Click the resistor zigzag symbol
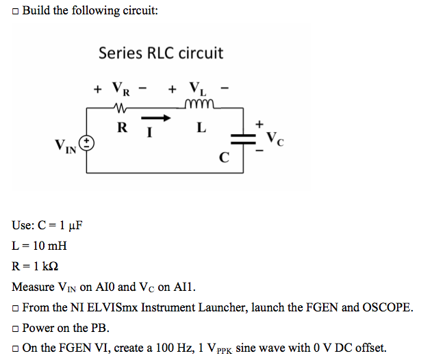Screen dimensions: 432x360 tap(120, 107)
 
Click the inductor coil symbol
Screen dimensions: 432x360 tap(199, 103)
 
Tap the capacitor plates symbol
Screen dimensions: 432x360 tap(243, 139)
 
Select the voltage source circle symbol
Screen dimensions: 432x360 tap(86, 144)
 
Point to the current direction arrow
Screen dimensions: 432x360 tap(156, 118)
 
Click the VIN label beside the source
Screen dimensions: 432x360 tap(65, 146)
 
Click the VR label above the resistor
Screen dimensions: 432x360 tap(121, 88)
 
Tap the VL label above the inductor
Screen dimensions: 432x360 tap(198, 88)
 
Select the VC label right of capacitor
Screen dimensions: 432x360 tap(275, 139)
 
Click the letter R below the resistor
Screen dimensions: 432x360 tap(123, 127)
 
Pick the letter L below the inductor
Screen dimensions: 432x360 tap(201, 127)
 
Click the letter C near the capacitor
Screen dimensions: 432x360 tap(224, 157)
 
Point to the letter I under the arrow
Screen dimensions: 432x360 tap(150, 132)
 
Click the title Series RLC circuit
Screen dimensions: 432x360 tap(161, 53)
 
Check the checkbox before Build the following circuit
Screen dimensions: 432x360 tap(16, 12)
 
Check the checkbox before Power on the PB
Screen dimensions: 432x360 tap(16, 329)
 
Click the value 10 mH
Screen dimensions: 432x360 tap(50, 246)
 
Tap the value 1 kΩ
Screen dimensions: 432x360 tap(46, 266)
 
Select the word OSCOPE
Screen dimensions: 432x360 tap(388, 307)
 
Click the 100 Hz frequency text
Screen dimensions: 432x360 tap(175, 348)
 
